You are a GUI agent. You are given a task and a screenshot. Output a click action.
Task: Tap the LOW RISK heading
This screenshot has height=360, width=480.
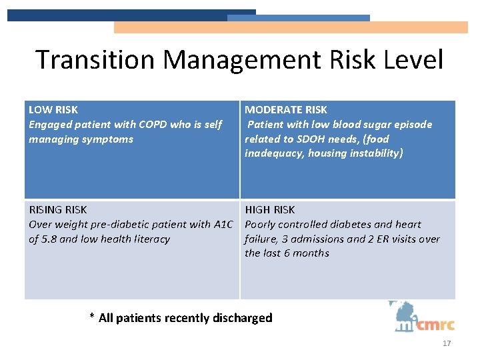(53, 109)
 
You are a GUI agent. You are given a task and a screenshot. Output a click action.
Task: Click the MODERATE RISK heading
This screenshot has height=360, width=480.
(286, 109)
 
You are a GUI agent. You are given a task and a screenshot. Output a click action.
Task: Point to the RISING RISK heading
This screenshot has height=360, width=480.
(58, 209)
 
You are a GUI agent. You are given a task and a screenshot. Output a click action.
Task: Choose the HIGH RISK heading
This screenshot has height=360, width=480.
(270, 209)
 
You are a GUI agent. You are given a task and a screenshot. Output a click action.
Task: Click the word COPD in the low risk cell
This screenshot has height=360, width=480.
(154, 124)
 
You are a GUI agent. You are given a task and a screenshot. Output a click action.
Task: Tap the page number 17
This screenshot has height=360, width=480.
(447, 343)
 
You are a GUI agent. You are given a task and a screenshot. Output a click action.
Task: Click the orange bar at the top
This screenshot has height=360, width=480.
(291, 27)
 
